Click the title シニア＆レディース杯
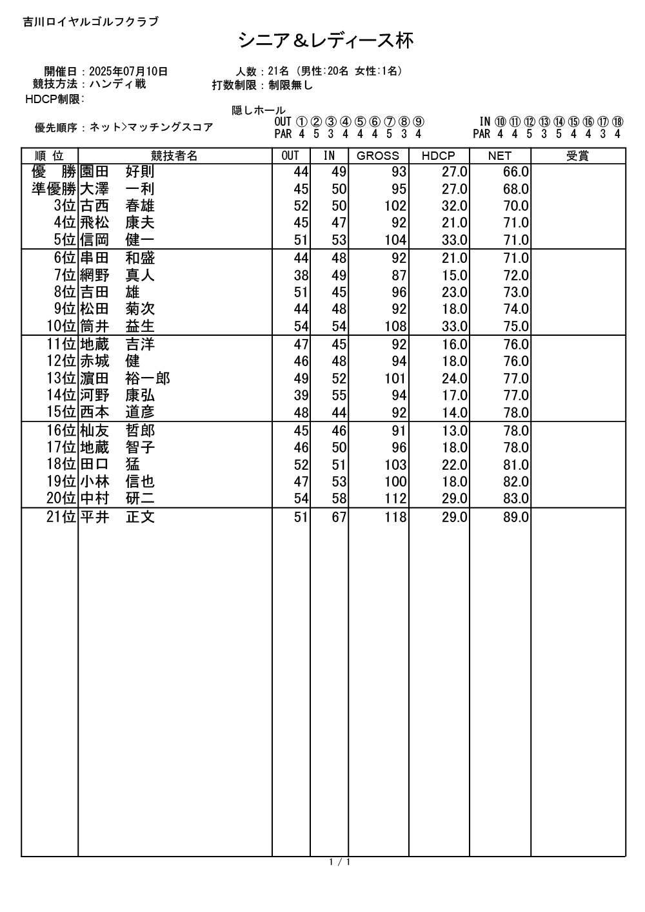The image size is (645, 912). pyautogui.click(x=326, y=41)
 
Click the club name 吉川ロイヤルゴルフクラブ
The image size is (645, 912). pyautogui.click(x=90, y=22)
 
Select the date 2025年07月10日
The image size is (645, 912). pyautogui.click(x=128, y=72)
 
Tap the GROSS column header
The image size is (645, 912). pyautogui.click(x=378, y=156)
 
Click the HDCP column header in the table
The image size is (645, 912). pyautogui.click(x=438, y=156)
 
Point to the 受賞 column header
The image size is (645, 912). pyautogui.click(x=577, y=156)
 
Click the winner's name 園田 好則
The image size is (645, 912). pyautogui.click(x=117, y=172)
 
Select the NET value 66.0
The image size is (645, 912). pyautogui.click(x=516, y=172)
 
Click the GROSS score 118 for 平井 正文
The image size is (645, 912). pyautogui.click(x=395, y=518)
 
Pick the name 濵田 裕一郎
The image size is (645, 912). pyautogui.click(x=124, y=378)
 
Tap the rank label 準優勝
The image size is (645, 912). pyautogui.click(x=54, y=189)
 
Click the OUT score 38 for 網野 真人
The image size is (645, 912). pyautogui.click(x=301, y=275)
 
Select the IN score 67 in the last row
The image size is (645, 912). pyautogui.click(x=339, y=518)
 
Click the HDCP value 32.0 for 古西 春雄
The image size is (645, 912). pyautogui.click(x=454, y=206)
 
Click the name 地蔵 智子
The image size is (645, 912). pyautogui.click(x=117, y=447)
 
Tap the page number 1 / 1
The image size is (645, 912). pyautogui.click(x=339, y=862)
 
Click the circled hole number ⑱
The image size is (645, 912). pyautogui.click(x=617, y=122)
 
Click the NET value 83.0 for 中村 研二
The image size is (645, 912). pyautogui.click(x=516, y=499)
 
